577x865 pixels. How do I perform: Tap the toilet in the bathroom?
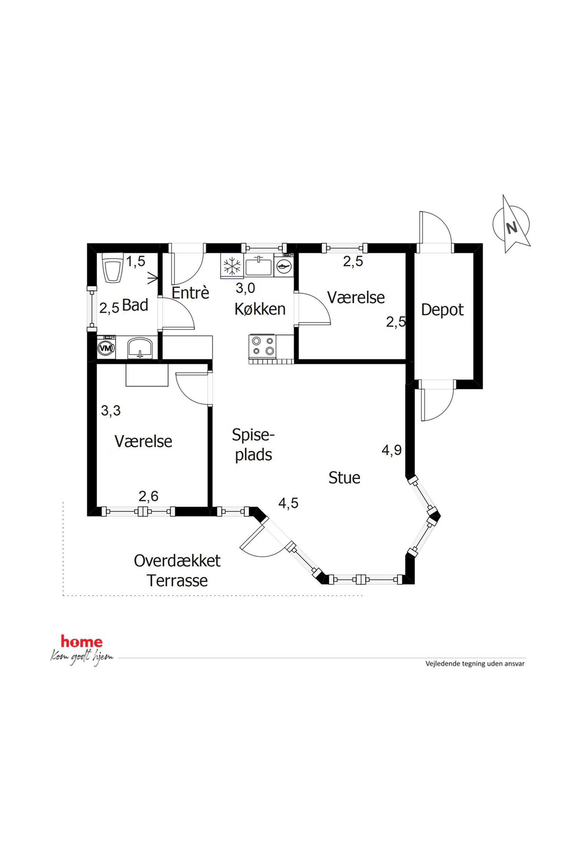113,268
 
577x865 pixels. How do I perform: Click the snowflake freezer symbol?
232,265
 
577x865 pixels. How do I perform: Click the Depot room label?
442,310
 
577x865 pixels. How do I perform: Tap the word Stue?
344,478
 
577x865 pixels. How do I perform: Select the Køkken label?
260,309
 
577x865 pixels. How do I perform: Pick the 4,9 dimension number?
391,450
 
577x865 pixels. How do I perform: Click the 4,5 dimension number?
288,503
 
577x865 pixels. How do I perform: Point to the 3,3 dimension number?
111,410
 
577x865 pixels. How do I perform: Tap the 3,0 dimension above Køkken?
245,288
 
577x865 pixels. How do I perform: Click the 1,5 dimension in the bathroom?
136,262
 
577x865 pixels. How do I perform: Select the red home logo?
82,642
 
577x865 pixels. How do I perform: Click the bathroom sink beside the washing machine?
140,348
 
